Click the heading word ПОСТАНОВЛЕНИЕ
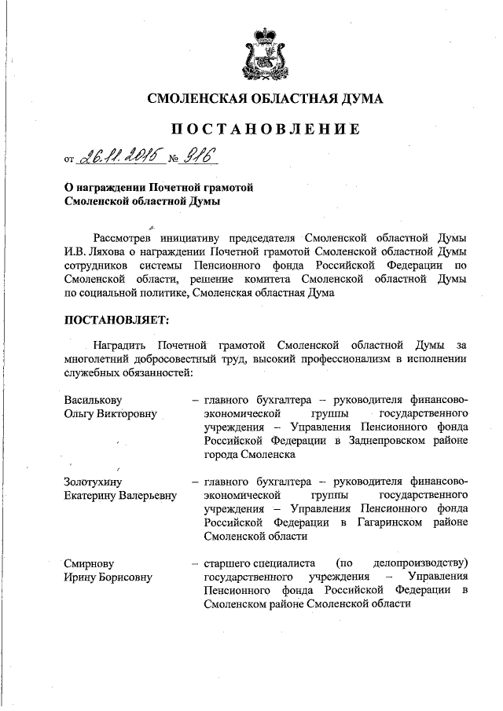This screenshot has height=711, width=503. pyautogui.click(x=266, y=129)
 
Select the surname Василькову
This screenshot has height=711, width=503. pyautogui.click(x=94, y=399)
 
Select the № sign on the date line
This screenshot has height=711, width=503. pyautogui.click(x=173, y=159)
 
